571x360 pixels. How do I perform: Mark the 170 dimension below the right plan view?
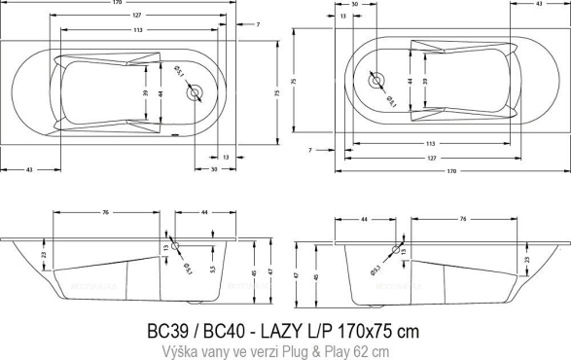[451, 172]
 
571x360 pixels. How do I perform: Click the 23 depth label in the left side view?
[45, 255]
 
